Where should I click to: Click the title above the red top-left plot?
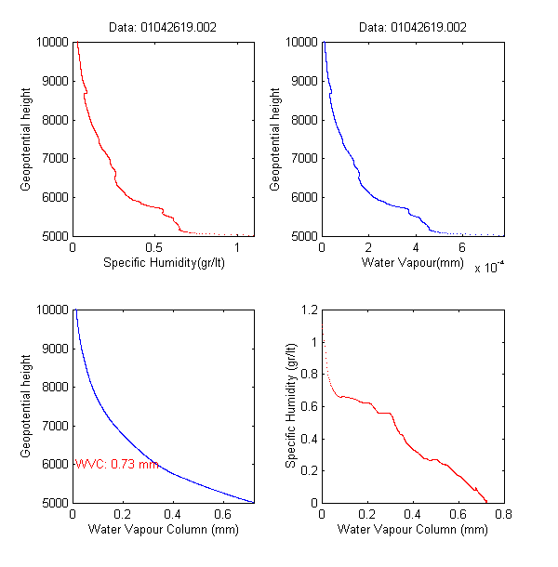click(x=164, y=27)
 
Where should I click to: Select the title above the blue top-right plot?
click(x=413, y=27)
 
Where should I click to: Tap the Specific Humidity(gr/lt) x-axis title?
click(x=164, y=263)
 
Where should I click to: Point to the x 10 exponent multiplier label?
click(x=489, y=268)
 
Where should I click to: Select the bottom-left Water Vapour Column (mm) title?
click(x=164, y=530)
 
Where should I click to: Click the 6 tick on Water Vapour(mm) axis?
click(x=461, y=247)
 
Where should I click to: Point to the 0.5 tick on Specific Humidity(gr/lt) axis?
click(x=155, y=247)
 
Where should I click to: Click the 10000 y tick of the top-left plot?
click(x=52, y=42)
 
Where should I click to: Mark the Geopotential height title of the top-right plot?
click(x=274, y=139)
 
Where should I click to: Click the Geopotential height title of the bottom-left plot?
click(x=26, y=406)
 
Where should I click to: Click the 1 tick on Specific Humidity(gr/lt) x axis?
click(x=238, y=247)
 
